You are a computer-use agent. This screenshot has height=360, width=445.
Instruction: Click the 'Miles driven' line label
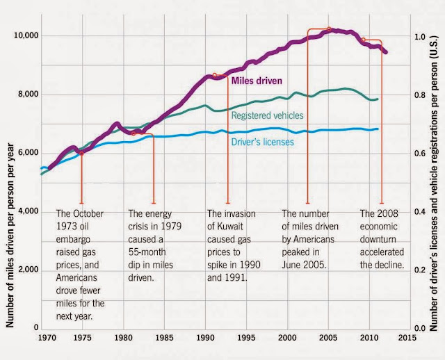click(x=257, y=81)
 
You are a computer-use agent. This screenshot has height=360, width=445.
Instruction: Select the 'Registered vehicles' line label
click(x=267, y=115)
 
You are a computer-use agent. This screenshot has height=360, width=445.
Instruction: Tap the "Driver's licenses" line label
click(x=263, y=142)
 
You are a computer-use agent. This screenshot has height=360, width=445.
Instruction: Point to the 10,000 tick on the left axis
click(x=26, y=35)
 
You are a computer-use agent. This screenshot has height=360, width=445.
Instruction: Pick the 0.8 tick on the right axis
click(x=419, y=95)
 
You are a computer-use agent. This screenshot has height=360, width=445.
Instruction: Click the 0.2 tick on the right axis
click(x=419, y=270)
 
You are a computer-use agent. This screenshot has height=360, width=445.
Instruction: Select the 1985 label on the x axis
click(x=164, y=338)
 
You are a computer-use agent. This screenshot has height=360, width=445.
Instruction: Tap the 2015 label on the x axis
click(x=408, y=338)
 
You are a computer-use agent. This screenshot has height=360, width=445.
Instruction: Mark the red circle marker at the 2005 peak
click(x=329, y=29)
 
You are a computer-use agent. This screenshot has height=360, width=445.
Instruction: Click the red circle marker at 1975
click(x=82, y=154)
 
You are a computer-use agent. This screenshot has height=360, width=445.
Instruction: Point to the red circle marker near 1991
click(x=215, y=75)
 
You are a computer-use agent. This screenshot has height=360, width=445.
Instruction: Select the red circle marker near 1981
click(x=133, y=133)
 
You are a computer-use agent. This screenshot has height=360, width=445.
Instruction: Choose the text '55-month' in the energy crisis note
click(x=147, y=252)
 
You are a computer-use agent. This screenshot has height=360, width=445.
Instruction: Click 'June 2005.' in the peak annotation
click(x=304, y=265)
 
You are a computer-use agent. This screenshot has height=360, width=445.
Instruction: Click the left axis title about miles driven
click(x=10, y=235)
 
